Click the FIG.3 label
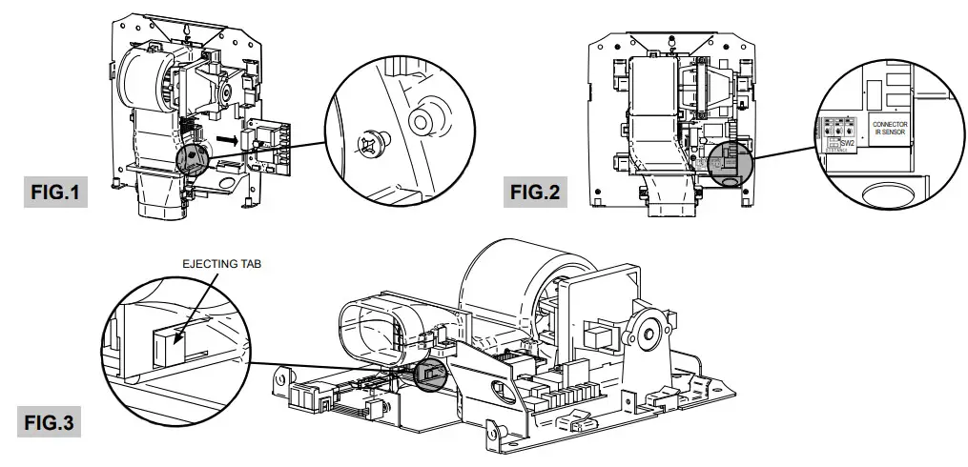pos(49,420)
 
